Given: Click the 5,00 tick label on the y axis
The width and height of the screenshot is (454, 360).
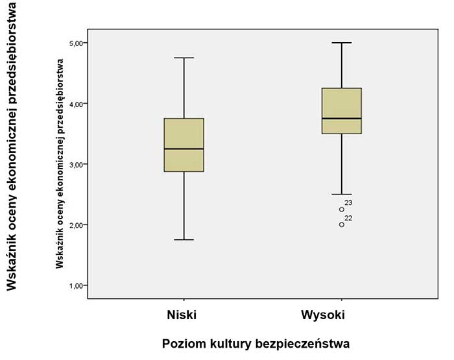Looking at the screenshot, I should tap(77, 43).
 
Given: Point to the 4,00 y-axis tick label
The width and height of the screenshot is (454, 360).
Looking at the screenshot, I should tap(77, 104).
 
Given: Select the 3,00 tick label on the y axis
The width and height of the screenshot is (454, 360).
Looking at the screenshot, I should tap(77, 164).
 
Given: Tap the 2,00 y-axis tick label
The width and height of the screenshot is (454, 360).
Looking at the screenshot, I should tap(77, 225).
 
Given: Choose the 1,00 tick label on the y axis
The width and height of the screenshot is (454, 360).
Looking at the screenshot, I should tap(77, 285).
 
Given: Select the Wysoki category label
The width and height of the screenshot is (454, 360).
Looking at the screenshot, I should tap(323, 315).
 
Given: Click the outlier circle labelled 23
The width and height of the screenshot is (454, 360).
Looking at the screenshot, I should tap(342, 210).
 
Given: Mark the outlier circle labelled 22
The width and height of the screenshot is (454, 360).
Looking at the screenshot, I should tap(342, 224).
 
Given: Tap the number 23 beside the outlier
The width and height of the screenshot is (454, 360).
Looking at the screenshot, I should tap(349, 203).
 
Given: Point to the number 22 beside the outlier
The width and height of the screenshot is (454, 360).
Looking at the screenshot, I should tap(349, 218).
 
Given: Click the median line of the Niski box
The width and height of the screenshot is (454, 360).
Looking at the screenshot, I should tap(184, 149).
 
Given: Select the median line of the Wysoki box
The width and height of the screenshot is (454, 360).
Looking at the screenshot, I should tap(342, 119).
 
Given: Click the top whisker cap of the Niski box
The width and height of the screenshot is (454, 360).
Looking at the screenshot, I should tap(184, 58).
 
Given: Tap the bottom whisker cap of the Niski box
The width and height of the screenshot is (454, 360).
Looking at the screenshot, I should tap(184, 240).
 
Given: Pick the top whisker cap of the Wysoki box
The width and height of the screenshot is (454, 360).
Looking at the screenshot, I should tap(342, 43).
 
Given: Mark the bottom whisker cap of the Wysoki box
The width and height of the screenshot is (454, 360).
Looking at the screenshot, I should tap(342, 194).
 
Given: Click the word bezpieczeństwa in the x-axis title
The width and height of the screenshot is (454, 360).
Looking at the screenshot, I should tap(301, 342).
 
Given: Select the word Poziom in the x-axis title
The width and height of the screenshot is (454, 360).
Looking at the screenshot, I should tap(184, 342).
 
